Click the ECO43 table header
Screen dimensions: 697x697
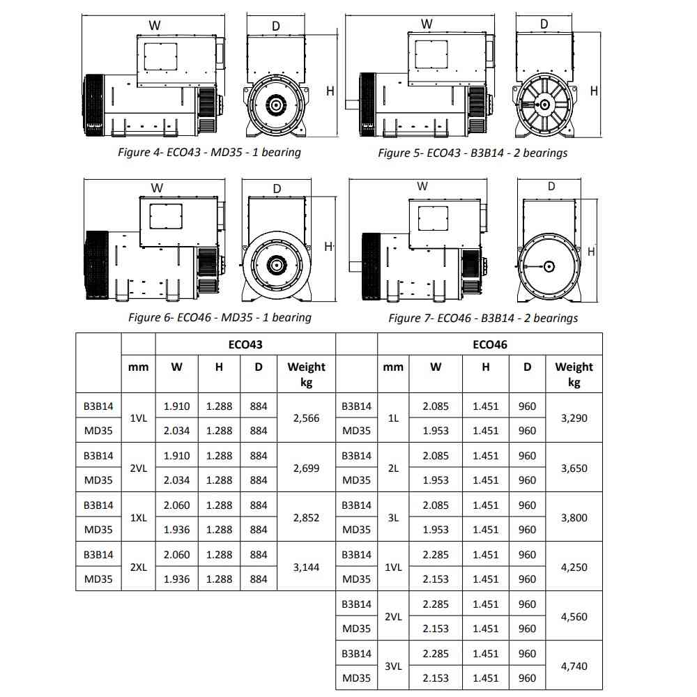point(245,344)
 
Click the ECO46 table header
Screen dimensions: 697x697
point(490,344)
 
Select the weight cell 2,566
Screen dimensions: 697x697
point(307,418)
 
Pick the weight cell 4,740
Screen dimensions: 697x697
point(574,666)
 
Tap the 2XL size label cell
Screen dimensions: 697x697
point(138,567)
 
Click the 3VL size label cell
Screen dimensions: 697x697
point(393,666)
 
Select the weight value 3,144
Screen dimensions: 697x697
point(307,567)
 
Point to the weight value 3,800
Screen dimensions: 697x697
point(574,518)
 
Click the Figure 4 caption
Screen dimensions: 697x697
point(209,152)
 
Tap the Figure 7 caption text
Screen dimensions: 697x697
point(483,318)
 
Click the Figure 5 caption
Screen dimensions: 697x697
point(473,153)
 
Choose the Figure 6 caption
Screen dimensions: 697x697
point(220,317)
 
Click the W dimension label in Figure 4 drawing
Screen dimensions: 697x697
point(155,25)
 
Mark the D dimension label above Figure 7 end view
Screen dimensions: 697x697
point(551,186)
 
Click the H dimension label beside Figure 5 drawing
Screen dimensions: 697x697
point(594,91)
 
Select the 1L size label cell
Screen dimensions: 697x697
point(393,418)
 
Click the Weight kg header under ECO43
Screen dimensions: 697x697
point(307,374)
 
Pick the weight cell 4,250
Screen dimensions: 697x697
point(574,567)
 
